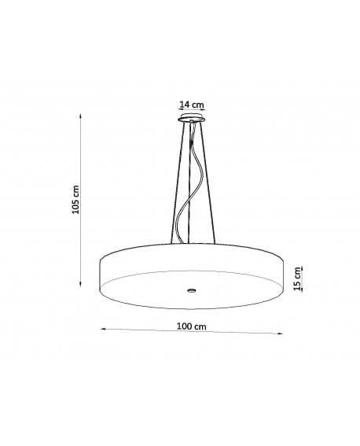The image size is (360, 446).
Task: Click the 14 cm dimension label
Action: coord(192,105)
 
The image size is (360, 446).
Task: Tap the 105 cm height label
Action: coord(76,200)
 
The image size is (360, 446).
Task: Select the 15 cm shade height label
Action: coord(297,278)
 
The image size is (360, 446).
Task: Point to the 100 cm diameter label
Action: coord(192,326)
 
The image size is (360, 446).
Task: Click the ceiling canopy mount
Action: coord(192,118)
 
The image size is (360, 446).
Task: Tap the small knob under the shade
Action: coord(192,290)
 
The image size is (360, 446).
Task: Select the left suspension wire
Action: coord(177,183)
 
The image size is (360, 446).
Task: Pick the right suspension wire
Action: coord(209,183)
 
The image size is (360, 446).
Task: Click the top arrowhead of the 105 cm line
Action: coord(81,116)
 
